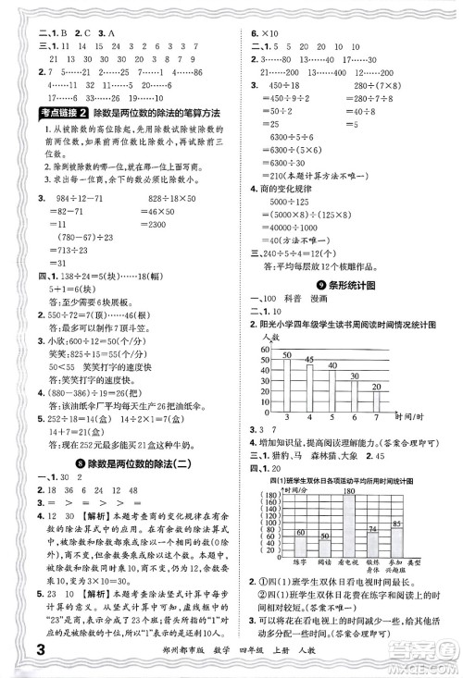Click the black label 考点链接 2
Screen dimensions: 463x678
(44, 113)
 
